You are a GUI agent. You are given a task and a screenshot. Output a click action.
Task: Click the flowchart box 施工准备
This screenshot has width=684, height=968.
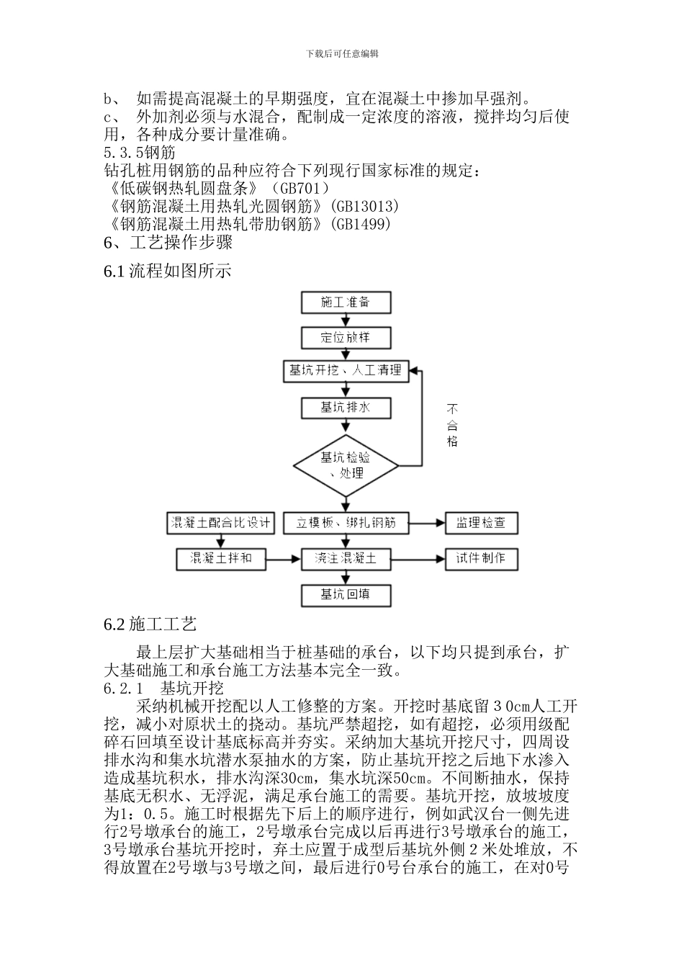(346, 302)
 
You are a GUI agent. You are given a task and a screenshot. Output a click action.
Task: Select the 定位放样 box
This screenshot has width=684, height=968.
(346, 337)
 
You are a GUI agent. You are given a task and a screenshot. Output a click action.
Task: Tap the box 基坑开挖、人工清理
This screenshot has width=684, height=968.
(346, 372)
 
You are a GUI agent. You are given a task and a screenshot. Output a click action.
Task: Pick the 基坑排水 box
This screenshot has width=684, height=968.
(346, 408)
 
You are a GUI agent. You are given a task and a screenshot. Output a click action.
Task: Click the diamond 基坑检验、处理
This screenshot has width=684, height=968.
(346, 465)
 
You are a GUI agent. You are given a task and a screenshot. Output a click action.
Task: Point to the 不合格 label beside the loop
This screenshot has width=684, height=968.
(452, 425)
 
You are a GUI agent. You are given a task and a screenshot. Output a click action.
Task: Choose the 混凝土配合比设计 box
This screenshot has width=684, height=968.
(220, 523)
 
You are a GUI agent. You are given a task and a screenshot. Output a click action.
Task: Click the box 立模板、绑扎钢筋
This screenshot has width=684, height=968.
(346, 523)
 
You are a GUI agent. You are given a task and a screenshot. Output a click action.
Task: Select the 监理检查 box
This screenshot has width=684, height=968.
(481, 523)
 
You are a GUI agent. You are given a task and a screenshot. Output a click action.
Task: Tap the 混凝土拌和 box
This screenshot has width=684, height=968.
(220, 558)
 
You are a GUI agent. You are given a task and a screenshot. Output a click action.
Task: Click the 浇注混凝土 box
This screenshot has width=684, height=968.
(346, 558)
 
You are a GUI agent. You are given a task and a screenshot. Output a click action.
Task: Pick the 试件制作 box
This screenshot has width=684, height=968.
(481, 558)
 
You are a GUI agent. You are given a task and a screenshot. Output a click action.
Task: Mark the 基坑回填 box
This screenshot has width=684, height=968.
(346, 594)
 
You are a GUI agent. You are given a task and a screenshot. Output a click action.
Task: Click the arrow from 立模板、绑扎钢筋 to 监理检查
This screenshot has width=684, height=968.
(428, 523)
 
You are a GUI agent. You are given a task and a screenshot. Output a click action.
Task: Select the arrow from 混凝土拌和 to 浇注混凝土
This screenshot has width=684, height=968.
(284, 558)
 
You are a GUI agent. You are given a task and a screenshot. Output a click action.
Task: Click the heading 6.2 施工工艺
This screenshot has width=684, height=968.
(150, 624)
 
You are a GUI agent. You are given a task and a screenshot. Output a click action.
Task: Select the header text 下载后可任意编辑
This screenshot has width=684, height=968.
(342, 53)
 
